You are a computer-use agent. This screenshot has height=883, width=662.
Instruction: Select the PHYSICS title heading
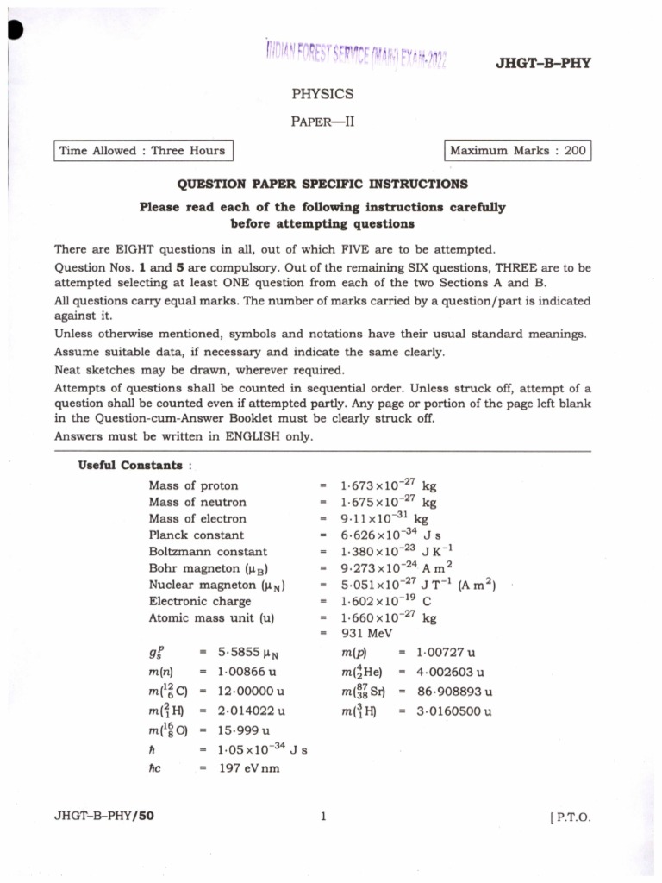tap(322, 94)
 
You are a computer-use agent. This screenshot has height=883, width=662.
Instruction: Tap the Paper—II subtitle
tap(322, 122)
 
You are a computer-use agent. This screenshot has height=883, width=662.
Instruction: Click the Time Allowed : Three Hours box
tap(142, 151)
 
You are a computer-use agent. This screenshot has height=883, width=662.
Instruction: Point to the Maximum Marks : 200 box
tap(517, 151)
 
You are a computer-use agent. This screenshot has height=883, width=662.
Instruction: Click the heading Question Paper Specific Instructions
tap(322, 185)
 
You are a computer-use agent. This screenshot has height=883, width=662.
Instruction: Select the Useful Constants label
tap(130, 466)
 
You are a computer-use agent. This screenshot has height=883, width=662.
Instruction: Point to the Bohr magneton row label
tap(204, 568)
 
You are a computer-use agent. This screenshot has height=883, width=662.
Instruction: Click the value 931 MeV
tap(367, 634)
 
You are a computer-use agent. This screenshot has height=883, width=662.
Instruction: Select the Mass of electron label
tap(197, 519)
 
